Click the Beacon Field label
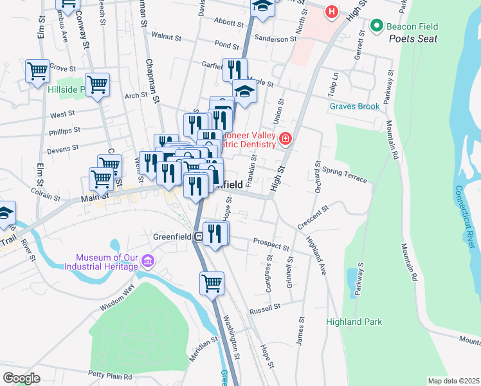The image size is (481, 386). click(412, 26)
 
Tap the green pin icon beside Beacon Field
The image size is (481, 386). click(376, 26)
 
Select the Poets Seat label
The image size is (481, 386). click(413, 39)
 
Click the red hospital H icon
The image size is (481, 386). click(331, 11)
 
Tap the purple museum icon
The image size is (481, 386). click(148, 261)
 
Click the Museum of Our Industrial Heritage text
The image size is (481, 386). click(106, 262)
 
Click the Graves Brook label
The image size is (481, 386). click(355, 106)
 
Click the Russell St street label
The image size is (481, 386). click(266, 308)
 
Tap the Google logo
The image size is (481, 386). click(21, 378)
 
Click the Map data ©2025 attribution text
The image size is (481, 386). click(453, 381)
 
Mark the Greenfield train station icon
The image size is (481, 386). click(199, 236)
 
